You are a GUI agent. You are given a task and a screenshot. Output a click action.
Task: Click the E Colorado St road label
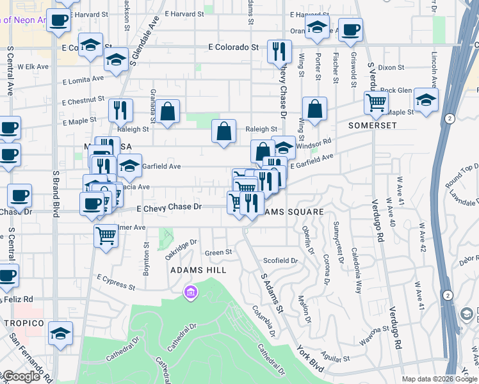(x=233, y=47)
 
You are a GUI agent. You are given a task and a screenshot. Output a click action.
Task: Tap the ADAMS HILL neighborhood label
(x=199, y=271)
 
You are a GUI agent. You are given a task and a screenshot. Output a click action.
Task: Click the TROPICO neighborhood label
(x=22, y=323)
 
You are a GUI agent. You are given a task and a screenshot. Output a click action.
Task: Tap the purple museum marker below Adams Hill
(x=190, y=293)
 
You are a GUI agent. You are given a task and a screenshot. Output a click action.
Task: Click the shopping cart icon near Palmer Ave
(x=106, y=235)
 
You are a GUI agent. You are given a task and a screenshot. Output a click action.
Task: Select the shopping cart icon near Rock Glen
(x=376, y=102)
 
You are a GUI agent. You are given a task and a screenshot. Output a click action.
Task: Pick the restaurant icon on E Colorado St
(x=279, y=51)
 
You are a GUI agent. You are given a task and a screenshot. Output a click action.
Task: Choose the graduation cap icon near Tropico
(x=61, y=333)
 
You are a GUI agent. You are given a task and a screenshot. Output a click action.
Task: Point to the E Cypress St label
(x=116, y=282)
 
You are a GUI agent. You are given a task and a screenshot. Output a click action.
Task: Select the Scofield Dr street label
(x=280, y=260)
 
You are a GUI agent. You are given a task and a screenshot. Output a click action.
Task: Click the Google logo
(x=21, y=377)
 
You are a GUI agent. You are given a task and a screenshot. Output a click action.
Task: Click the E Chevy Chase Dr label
(x=169, y=207)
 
